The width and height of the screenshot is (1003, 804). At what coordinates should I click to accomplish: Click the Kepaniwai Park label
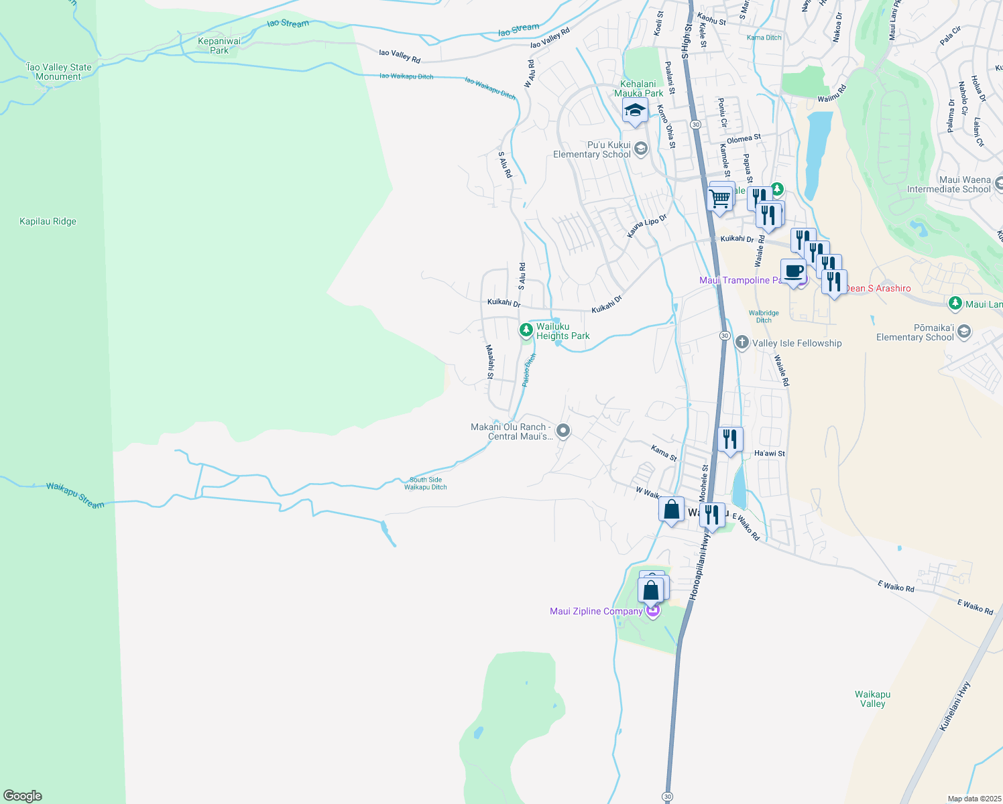219,46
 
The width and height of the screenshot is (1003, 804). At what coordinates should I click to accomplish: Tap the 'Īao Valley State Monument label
58,72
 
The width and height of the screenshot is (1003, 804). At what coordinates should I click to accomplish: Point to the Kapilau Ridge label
48,221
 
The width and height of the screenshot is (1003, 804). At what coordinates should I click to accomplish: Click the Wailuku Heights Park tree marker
526,330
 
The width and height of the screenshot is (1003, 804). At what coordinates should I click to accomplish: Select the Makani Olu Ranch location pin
563,431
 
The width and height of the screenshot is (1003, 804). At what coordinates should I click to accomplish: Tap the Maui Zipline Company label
596,611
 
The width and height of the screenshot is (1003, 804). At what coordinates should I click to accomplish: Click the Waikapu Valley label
872,699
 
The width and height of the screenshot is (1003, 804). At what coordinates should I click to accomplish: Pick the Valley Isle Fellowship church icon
742,343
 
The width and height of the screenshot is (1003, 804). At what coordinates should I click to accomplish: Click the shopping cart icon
720,198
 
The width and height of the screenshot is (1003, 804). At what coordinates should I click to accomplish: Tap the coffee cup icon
793,271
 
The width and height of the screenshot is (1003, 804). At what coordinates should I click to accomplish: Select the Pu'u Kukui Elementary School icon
640,149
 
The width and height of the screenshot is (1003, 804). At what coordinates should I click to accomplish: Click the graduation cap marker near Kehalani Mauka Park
634,111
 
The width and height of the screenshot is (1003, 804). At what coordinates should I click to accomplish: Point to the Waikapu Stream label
75,495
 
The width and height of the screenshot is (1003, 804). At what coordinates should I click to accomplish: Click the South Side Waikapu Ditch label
426,483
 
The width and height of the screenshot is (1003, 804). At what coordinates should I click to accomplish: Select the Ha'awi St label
769,454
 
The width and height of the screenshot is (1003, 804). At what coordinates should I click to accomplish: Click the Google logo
23,796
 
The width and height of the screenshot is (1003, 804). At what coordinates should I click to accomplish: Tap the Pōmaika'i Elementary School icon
963,332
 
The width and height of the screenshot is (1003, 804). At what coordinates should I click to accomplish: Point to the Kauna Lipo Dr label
647,226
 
